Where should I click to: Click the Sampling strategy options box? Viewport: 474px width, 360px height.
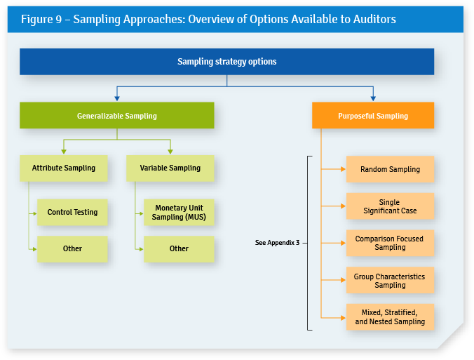(226, 62)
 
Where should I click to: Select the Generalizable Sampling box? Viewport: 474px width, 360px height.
(116, 116)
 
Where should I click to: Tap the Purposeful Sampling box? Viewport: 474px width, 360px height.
(372, 116)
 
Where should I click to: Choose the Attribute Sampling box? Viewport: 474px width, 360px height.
(63, 168)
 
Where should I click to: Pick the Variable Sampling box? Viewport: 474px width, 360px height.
(170, 168)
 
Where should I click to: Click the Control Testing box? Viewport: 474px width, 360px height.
(72, 212)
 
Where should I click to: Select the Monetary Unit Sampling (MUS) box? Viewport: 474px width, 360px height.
(179, 213)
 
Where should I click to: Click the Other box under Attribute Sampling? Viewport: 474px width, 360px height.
(72, 248)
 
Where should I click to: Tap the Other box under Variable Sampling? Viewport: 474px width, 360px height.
(179, 248)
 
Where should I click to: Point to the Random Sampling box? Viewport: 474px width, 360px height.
(390, 169)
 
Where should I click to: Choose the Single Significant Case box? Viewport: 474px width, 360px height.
(390, 206)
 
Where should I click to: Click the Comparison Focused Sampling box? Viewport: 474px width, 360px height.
(390, 243)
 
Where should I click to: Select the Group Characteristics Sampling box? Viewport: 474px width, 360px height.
(390, 280)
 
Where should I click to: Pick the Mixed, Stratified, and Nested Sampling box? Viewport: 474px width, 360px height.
(390, 317)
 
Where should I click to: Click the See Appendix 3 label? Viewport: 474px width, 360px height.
(277, 243)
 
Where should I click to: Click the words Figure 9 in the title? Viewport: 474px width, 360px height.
(41, 19)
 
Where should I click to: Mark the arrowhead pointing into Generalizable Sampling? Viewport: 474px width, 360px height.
(116, 98)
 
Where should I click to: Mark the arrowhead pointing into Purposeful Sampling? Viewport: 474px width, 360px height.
(372, 98)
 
